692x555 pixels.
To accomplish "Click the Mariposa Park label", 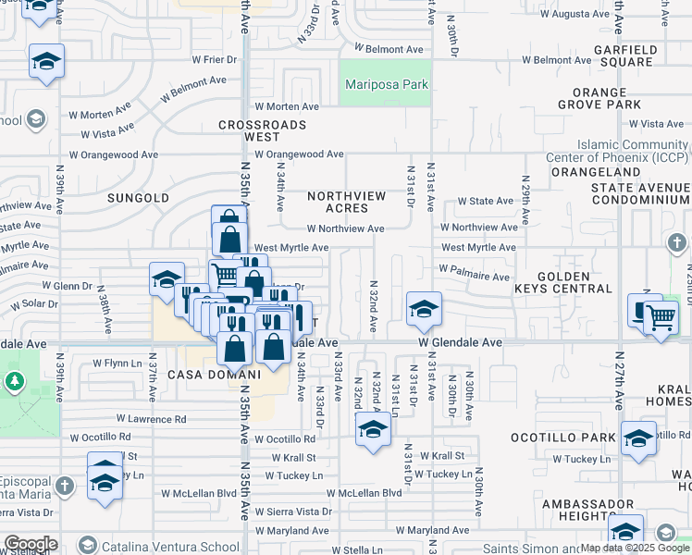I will (387, 84).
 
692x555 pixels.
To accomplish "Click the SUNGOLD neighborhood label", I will (138, 198).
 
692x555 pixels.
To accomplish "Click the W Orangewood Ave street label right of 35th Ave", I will (300, 154).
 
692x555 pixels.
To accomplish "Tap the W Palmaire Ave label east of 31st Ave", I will (475, 276).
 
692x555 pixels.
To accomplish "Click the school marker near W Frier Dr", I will (46, 62).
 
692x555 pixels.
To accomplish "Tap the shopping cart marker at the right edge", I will (661, 317).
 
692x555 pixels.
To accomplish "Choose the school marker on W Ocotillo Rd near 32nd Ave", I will (373, 429).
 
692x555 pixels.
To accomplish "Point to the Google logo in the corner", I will (31, 544).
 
